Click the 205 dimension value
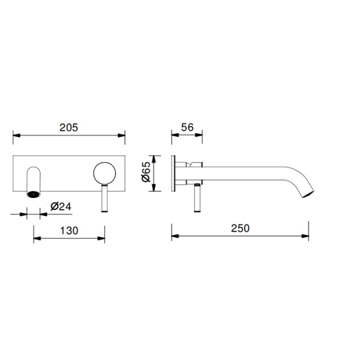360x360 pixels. pos(68,127)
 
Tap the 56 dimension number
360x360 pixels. pos(187,127)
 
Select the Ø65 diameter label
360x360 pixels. pos(146,172)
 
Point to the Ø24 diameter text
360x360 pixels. pos(61,206)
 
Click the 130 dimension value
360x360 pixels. pos(69,230)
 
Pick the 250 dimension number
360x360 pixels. pos(240,228)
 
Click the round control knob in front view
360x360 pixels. pos(104,173)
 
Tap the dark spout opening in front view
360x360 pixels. pos(34,194)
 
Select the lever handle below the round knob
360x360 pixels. pos(104,198)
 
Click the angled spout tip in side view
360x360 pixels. pos(308,194)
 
